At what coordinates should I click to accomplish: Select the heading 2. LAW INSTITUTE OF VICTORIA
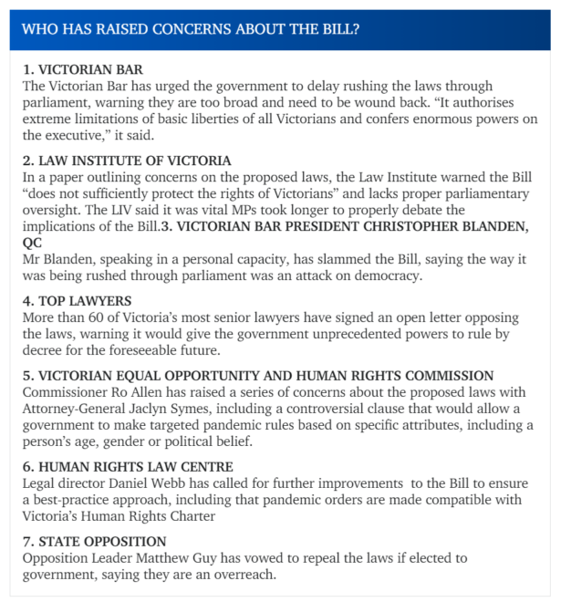pyautogui.click(x=127, y=161)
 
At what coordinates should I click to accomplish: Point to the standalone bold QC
pyautogui.click(x=32, y=244)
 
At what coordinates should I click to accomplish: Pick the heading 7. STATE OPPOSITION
pyautogui.click(x=94, y=541)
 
